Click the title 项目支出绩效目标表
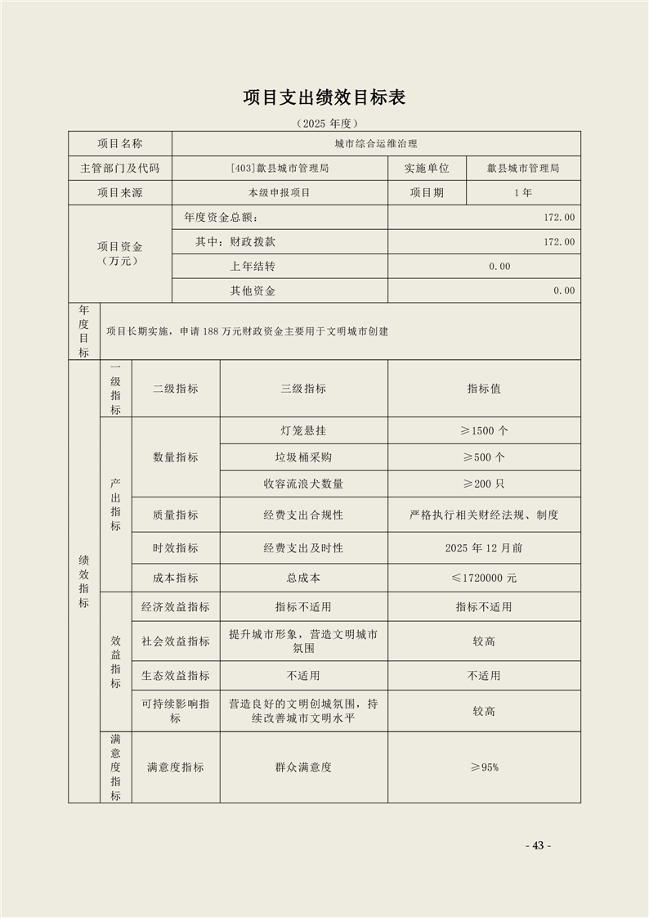(x=324, y=97)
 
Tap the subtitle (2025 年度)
(x=324, y=124)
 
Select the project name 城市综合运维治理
(x=376, y=143)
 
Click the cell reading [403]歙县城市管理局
(x=280, y=168)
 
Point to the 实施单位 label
(x=427, y=168)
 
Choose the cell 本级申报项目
(x=280, y=193)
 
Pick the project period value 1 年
(x=523, y=193)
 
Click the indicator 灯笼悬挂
(x=303, y=430)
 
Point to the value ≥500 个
(x=484, y=457)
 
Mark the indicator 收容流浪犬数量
(x=303, y=484)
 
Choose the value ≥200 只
(x=484, y=484)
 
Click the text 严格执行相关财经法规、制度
(x=484, y=515)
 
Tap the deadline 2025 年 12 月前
(x=484, y=547)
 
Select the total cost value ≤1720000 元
(x=484, y=578)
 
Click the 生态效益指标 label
(x=175, y=676)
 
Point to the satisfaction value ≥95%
(x=484, y=767)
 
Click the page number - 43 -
(x=538, y=846)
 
